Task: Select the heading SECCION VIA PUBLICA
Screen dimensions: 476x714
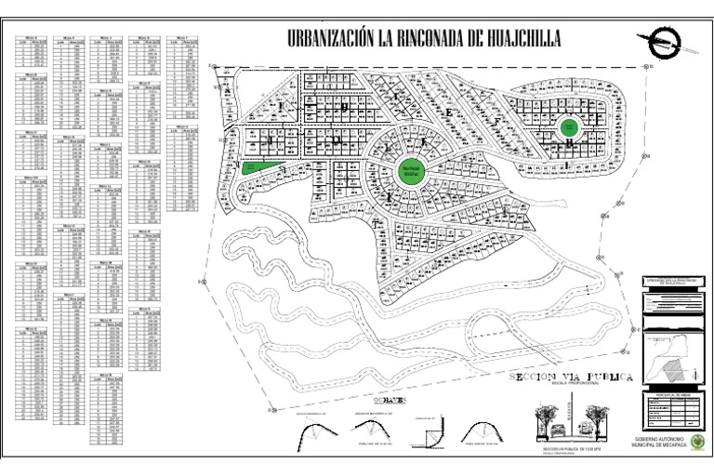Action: click(571, 377)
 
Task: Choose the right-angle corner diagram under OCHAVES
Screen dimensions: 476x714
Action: click(427, 429)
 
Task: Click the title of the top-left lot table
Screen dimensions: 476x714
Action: click(33, 37)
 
